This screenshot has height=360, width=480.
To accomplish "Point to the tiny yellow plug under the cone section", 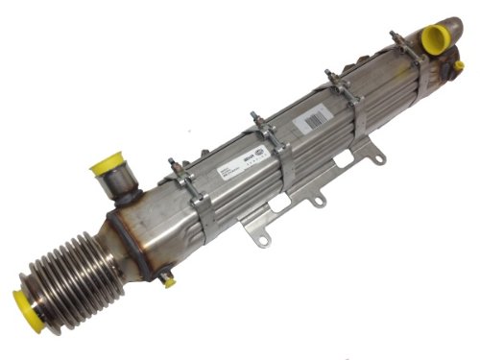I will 169,282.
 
